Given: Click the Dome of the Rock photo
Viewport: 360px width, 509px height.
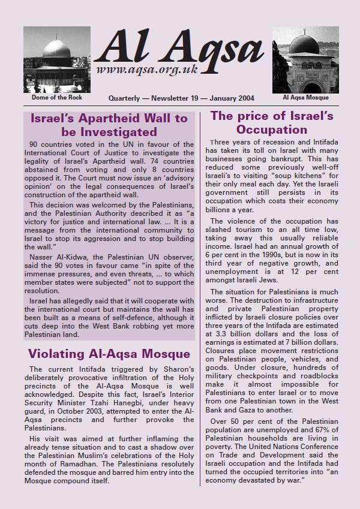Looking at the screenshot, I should tap(52, 59).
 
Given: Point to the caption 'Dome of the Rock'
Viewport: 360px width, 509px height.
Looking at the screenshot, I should tap(52, 97).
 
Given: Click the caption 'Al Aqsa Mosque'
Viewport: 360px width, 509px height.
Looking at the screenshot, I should tap(305, 97).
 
